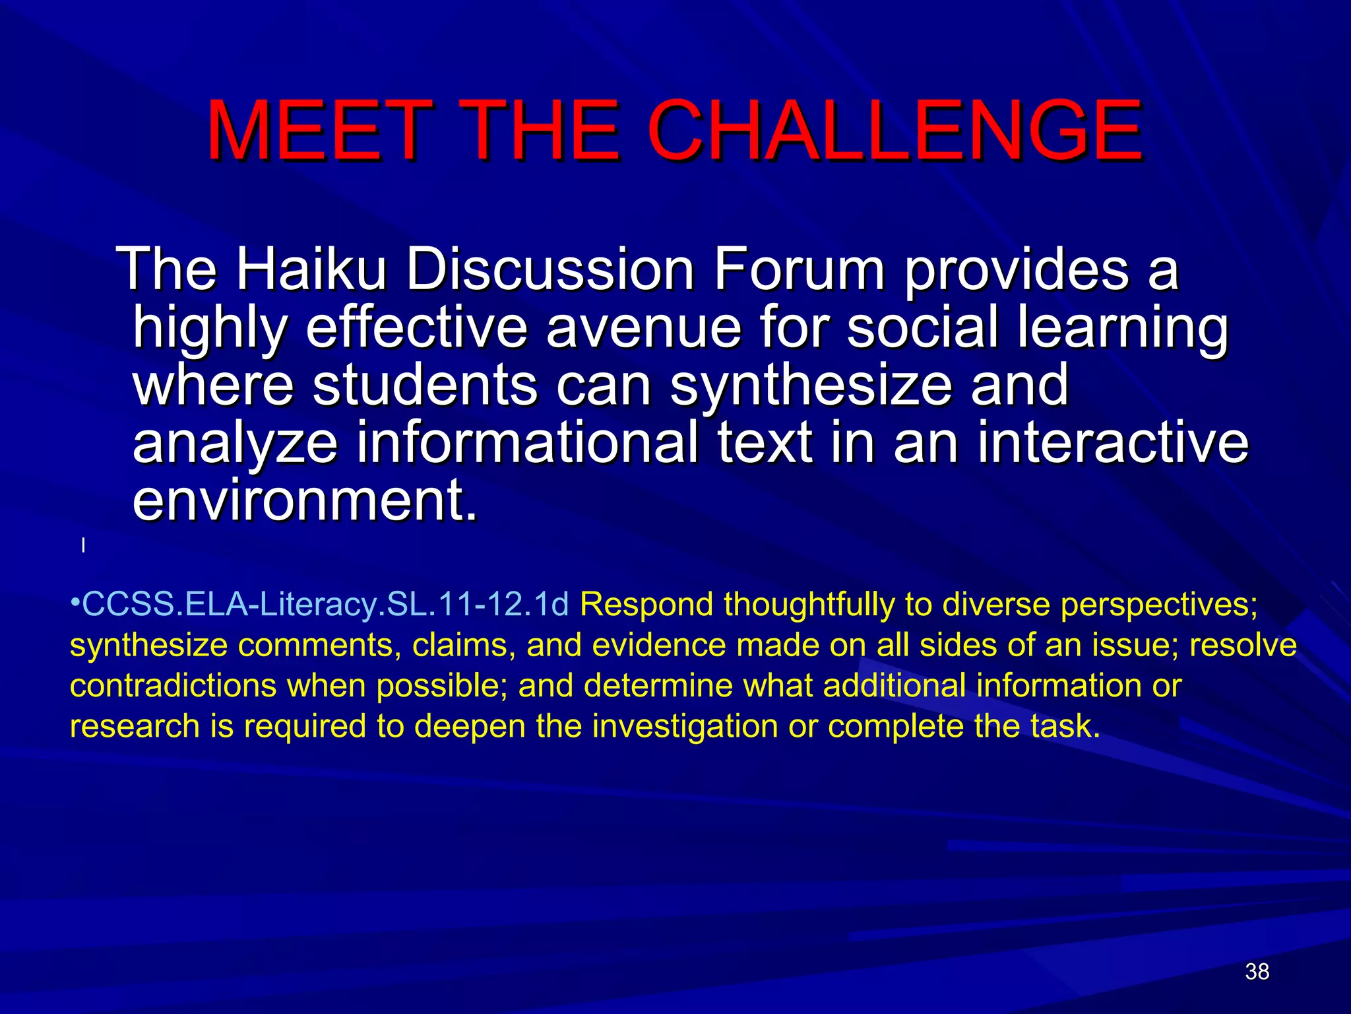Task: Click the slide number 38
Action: click(1257, 972)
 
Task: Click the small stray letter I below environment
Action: click(83, 546)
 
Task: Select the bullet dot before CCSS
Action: click(75, 603)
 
